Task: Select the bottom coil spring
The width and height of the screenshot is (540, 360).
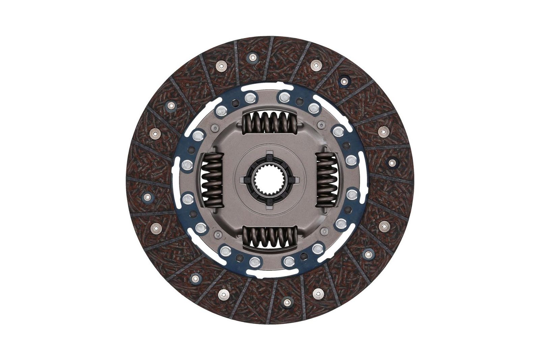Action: click(x=270, y=236)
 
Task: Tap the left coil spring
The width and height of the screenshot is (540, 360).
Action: click(x=212, y=179)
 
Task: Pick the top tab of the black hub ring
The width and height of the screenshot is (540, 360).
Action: click(x=269, y=155)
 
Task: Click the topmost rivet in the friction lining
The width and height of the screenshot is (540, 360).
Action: click(x=252, y=58)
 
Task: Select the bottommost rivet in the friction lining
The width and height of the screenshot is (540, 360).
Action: click(x=287, y=301)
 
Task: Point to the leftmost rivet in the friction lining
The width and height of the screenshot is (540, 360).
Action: click(x=147, y=196)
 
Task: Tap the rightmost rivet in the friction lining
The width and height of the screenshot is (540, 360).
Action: click(x=391, y=163)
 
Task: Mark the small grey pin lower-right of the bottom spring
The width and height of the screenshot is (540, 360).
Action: click(x=324, y=231)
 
